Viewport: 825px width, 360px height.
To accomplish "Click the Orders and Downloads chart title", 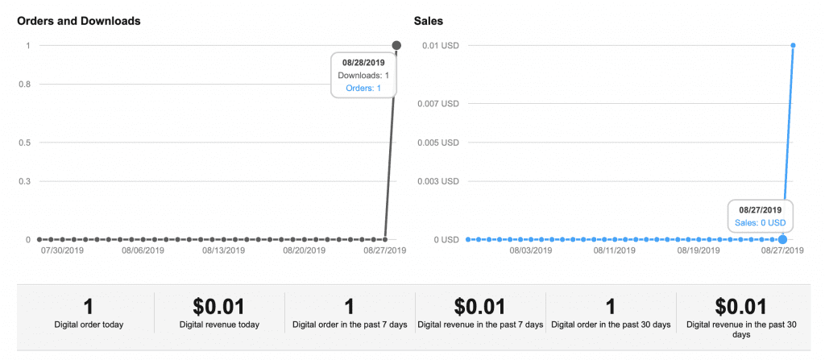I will (79, 21).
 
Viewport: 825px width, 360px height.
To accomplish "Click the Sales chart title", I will (428, 21).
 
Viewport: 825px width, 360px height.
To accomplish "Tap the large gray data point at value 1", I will (396, 45).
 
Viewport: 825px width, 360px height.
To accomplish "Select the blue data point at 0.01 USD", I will (794, 45).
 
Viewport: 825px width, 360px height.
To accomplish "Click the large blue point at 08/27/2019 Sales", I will (783, 239).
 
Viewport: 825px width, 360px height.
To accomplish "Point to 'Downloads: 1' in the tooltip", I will (363, 75).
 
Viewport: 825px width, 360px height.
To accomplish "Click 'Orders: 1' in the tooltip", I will (363, 88).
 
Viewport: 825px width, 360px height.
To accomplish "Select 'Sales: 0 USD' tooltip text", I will (760, 222).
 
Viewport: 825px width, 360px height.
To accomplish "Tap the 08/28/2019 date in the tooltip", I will (363, 62).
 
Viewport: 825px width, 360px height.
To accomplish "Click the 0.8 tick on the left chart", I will (24, 84).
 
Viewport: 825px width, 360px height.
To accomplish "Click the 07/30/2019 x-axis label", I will (61, 250).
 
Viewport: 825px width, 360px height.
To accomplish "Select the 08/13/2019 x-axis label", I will (223, 250).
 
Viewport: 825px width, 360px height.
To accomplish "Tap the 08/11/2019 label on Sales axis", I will (615, 250).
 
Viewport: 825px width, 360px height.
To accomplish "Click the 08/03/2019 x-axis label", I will (531, 250).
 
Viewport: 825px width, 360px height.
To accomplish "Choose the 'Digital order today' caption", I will (89, 325).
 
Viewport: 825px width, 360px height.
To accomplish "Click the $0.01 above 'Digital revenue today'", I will (219, 306).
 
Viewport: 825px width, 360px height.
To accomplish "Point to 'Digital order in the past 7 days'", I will (350, 325).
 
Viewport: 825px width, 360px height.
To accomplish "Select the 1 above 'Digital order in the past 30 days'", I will (611, 306).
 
